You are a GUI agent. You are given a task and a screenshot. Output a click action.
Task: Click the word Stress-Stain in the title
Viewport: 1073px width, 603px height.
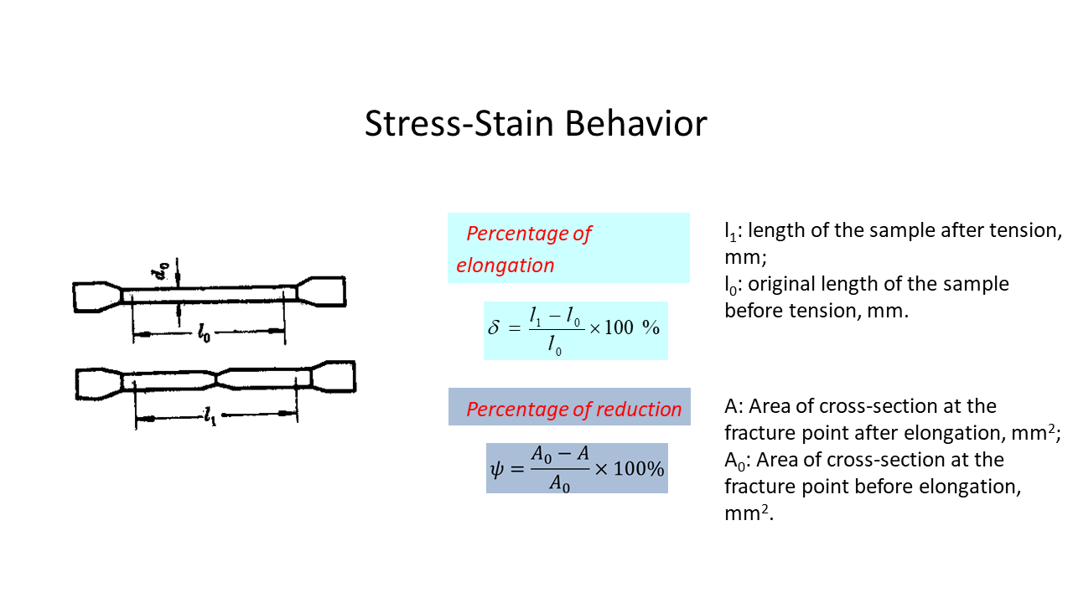459,124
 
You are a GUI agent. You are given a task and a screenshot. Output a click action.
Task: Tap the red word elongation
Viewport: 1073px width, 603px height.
505,265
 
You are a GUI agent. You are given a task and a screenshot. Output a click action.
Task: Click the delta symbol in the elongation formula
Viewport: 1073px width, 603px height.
493,327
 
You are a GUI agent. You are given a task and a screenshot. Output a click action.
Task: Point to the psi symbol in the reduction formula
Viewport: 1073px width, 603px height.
498,468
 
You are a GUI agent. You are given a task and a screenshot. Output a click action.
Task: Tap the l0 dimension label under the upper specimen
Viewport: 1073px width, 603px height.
204,334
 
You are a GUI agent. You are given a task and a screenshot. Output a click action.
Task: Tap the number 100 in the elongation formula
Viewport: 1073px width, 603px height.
619,327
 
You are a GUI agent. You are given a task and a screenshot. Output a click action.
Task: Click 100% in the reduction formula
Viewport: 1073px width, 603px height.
639,468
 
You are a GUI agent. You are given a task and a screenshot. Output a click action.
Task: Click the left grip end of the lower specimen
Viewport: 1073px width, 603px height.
94,382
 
